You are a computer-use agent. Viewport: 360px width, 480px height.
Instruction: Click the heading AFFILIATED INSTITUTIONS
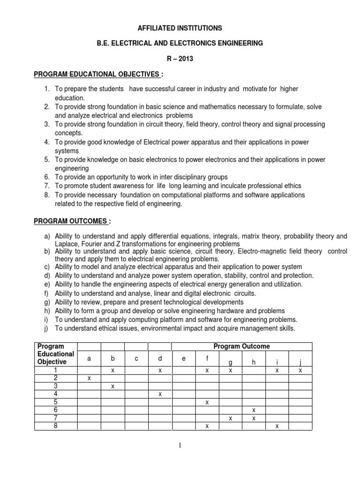coord(180,28)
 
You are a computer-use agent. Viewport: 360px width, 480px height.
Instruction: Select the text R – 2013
coord(180,60)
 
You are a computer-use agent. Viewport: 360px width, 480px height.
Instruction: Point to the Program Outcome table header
coord(241,346)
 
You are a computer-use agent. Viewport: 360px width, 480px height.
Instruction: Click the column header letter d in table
coord(160,359)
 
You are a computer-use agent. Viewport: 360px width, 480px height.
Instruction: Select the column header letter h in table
coord(254,362)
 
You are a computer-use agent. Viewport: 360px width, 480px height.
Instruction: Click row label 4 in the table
coord(55,394)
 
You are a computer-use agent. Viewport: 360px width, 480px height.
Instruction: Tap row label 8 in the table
coord(55,426)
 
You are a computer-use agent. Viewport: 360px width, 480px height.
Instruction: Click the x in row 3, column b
coord(112,386)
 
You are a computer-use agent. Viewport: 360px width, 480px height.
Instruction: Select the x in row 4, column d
coord(160,394)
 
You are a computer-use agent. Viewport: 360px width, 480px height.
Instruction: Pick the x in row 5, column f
coord(207,402)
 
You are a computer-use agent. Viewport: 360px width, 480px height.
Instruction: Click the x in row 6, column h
coord(254,410)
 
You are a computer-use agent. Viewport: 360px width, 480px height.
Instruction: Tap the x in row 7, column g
coord(230,418)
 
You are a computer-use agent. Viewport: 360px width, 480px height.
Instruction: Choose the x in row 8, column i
coord(277,426)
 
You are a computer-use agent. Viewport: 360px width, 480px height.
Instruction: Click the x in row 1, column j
coord(300,370)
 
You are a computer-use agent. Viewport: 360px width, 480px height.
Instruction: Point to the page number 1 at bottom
coord(180,445)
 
